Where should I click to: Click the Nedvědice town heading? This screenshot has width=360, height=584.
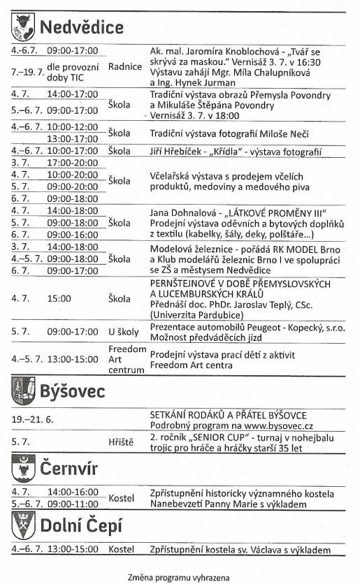[81, 28]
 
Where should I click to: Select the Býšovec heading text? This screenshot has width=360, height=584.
[72, 389]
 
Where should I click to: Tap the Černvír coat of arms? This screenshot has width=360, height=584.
[22, 467]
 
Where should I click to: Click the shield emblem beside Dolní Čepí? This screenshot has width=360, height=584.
[22, 525]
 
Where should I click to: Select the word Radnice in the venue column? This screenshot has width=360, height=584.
[125, 67]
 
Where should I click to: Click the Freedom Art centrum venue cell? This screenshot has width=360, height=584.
[127, 358]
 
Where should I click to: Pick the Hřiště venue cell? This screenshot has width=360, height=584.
[121, 442]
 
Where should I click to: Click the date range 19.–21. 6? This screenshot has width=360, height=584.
[33, 420]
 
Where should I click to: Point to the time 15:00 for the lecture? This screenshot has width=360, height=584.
[59, 299]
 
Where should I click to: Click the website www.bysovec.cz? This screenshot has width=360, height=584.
[278, 425]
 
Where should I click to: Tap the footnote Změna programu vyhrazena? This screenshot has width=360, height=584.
[178, 577]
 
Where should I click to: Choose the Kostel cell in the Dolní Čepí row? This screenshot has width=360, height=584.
[121, 549]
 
